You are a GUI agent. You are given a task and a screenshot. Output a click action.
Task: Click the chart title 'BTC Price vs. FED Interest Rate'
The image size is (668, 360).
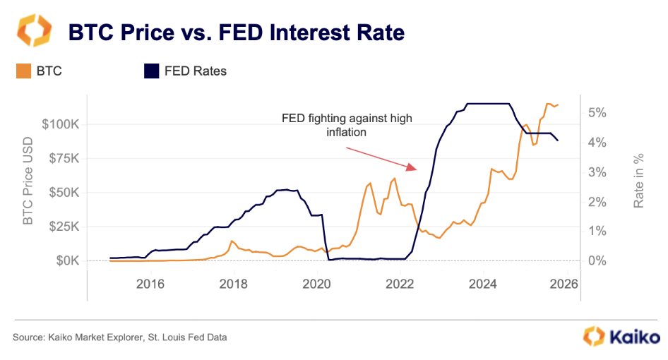pos(236,32)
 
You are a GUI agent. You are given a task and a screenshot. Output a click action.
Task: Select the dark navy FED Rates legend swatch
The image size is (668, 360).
pos(152,71)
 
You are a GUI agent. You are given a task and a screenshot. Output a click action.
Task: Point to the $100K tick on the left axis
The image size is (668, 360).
pos(61,125)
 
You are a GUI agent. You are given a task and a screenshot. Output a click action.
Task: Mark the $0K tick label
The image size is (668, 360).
pos(67,260)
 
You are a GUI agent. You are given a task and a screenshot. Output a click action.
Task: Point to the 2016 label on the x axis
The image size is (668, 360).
pos(150,284)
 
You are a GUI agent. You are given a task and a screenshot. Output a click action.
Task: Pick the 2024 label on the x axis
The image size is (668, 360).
pos(482,284)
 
